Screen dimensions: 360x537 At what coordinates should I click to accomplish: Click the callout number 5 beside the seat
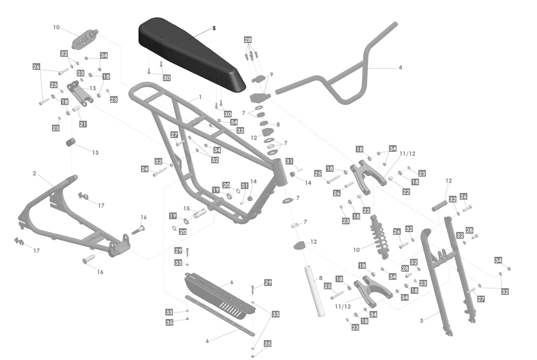214,28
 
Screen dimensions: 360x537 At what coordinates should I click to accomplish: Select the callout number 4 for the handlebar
400,67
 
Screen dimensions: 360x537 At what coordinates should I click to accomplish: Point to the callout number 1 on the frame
200,97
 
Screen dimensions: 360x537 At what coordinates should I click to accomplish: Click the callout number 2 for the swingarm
34,174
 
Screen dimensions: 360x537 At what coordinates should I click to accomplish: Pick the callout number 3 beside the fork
421,320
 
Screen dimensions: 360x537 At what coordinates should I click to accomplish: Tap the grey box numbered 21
83,124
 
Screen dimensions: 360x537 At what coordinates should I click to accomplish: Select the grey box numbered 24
145,169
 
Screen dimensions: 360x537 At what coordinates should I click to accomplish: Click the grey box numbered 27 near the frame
174,135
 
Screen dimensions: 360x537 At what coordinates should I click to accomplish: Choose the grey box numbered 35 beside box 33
169,322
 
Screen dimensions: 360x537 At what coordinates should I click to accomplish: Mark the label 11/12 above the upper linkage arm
407,154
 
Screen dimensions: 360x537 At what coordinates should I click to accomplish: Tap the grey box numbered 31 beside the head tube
289,161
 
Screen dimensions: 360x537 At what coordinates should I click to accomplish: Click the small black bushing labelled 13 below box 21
71,141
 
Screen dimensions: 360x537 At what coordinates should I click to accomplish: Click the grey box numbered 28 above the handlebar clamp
248,40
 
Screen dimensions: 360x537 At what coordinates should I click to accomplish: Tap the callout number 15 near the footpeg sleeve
187,208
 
